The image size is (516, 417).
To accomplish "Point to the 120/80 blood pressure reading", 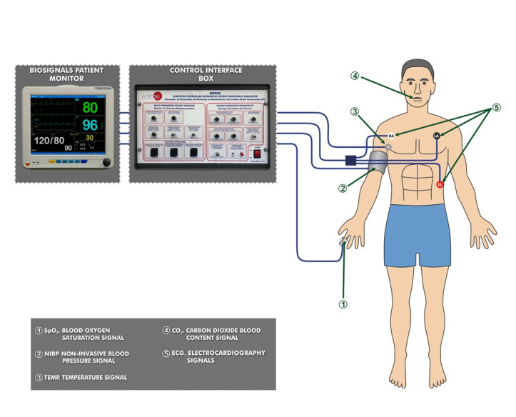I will coord(51,142).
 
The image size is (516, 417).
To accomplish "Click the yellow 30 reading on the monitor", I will coord(89,138).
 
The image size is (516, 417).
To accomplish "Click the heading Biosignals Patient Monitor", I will coord(66,75).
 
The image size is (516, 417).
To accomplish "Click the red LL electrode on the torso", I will coord(440,185).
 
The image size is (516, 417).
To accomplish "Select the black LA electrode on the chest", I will coord(436,135).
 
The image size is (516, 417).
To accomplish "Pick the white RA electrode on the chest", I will coord(391,135).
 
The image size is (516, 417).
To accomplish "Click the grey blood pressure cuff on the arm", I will coord(379,161).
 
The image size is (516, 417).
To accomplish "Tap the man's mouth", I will coord(418,99).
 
